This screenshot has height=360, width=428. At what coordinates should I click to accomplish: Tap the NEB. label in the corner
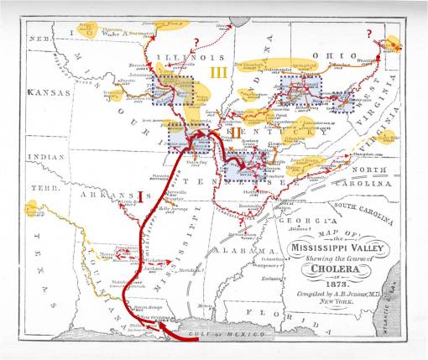(x=37, y=39)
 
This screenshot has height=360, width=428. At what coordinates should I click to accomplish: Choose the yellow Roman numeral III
(x=219, y=74)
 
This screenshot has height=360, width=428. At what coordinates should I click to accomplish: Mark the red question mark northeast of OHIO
(x=369, y=33)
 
